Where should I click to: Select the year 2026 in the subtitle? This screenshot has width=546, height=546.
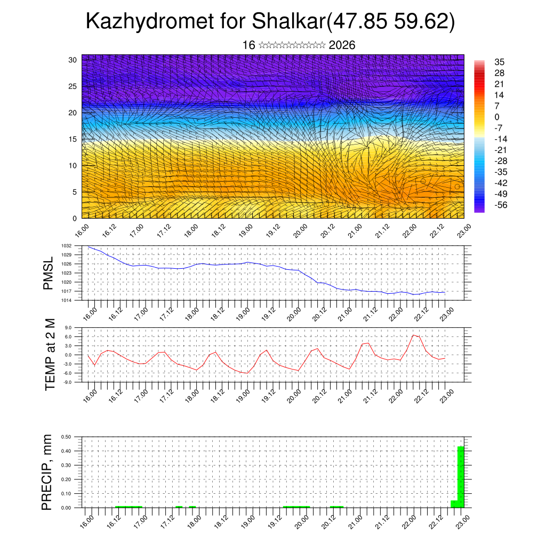[342, 45]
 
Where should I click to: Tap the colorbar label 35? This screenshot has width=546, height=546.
[500, 62]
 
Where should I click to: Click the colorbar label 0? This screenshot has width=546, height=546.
[497, 117]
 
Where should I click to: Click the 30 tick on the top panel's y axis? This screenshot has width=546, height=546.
[73, 60]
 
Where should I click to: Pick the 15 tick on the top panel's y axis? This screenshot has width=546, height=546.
[73, 139]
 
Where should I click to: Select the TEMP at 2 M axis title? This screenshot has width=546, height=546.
[50, 355]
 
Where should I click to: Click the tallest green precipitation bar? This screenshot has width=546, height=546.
[461, 477]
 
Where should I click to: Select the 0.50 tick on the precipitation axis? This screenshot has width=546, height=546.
[67, 437]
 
